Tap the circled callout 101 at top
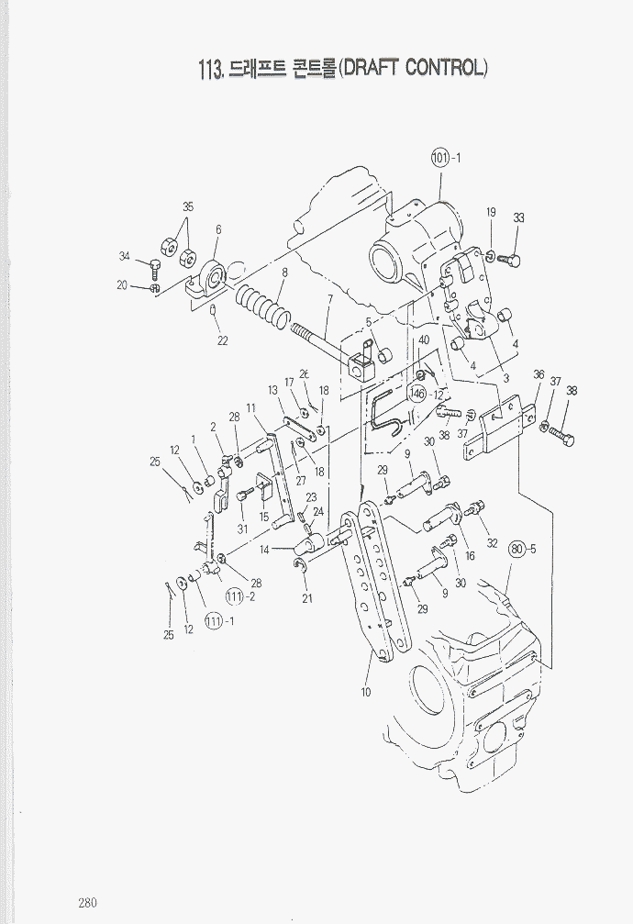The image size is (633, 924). click(x=440, y=158)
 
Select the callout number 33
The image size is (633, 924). click(x=518, y=218)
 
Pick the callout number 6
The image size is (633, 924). click(x=218, y=229)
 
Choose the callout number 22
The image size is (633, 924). click(x=221, y=340)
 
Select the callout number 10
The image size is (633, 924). click(x=366, y=692)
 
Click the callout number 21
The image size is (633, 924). click(x=307, y=599)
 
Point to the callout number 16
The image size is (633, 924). click(x=469, y=556)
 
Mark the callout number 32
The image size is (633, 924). click(x=492, y=542)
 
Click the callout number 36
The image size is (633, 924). click(x=539, y=374)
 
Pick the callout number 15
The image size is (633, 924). click(x=264, y=518)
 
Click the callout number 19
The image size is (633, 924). click(x=491, y=213)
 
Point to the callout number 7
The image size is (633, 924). click(x=329, y=299)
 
